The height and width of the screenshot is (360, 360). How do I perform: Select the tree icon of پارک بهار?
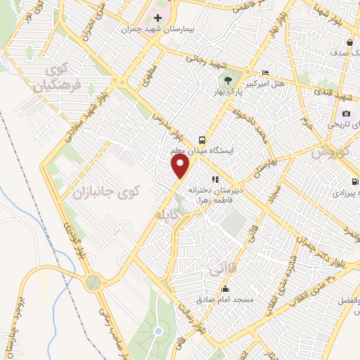227,79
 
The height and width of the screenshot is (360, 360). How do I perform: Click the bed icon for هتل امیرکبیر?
265,73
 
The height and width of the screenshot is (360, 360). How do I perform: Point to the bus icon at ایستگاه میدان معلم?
202,139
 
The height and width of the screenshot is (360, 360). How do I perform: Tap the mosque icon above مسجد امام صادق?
225,288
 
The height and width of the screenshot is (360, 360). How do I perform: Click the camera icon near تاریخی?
346,114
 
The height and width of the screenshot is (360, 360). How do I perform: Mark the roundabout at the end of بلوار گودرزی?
94,283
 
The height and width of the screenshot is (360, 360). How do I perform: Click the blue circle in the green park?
159,330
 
